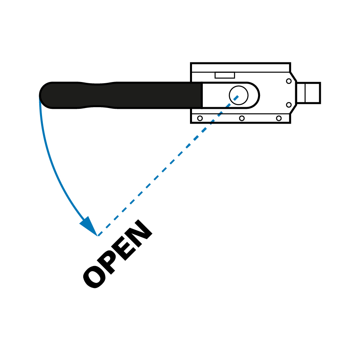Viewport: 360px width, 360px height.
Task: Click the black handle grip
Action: [x=120, y=95]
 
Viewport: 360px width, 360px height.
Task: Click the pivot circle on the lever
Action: [x=238, y=95]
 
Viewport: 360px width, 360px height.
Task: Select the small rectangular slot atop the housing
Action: [x=224, y=75]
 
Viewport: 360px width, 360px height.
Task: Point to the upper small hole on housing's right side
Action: [x=289, y=81]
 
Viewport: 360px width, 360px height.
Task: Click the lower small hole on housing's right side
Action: [x=289, y=105]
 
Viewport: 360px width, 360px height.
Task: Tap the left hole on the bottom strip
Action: [x=200, y=118]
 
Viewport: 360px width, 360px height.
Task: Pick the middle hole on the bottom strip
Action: [x=242, y=118]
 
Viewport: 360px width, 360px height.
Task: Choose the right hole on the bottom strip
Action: [x=279, y=118]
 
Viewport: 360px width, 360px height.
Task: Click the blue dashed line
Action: [x=168, y=166]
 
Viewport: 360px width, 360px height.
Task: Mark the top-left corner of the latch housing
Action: [x=192, y=64]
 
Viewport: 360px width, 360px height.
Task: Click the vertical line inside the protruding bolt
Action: [x=305, y=93]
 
